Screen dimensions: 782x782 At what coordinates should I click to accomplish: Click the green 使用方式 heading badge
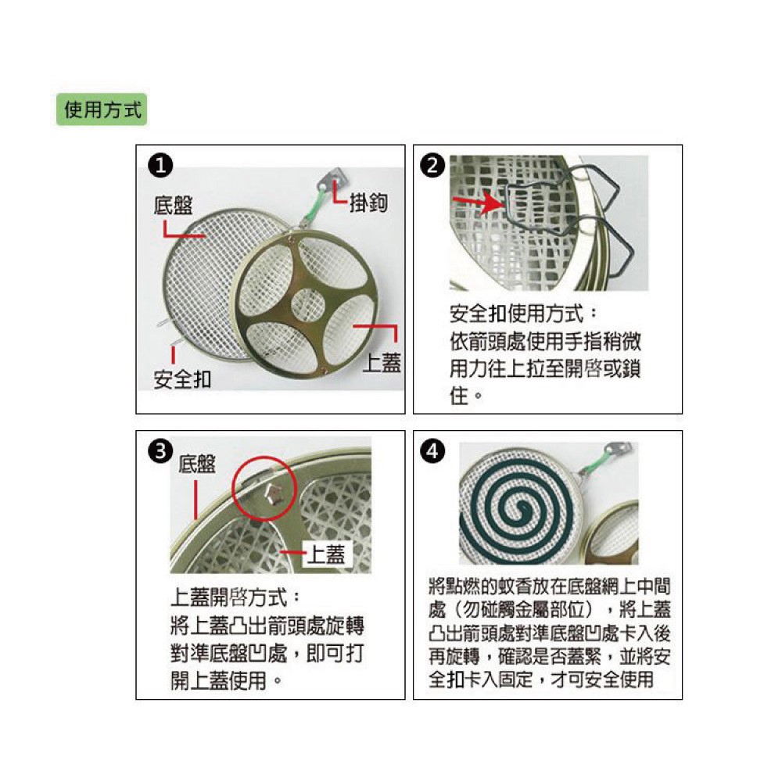point(102,109)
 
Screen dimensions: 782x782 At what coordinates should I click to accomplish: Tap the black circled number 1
point(160,166)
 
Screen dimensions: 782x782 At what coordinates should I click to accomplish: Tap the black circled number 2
point(432,166)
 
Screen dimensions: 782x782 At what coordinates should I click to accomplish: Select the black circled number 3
point(160,452)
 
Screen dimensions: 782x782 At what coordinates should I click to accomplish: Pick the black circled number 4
point(432,452)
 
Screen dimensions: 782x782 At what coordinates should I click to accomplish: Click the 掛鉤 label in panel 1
point(368,203)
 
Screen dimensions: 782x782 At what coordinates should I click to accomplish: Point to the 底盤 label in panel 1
point(173,206)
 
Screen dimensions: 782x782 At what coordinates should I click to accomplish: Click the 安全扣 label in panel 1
point(182,379)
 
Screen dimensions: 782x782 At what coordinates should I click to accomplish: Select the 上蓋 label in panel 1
point(382,363)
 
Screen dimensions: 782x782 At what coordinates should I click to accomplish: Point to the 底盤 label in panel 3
point(197,465)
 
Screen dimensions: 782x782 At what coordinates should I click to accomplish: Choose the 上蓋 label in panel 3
point(325,554)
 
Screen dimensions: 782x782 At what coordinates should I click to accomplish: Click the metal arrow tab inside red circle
point(274,493)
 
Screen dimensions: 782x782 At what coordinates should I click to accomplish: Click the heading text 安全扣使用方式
point(517,314)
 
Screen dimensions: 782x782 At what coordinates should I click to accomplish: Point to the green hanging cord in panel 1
point(314,204)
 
